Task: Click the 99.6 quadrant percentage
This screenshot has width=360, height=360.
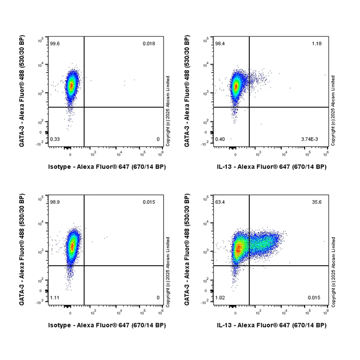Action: [x=55, y=44]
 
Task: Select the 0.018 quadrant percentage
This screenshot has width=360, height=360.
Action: [x=149, y=44]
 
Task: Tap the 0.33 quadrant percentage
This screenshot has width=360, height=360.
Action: [x=54, y=139]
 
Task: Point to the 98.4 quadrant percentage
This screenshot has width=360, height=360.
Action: [x=220, y=44]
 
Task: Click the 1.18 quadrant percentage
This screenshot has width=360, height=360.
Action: [x=316, y=44]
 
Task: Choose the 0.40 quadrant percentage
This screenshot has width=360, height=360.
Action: [x=220, y=139]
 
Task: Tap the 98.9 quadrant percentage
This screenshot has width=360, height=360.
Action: [x=55, y=202]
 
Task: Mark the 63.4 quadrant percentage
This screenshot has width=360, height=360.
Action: [x=220, y=202]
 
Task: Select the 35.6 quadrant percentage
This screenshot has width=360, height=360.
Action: [x=316, y=202]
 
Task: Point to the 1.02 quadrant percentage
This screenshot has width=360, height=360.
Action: [x=220, y=298]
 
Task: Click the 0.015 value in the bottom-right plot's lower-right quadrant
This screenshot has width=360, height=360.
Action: [x=314, y=298]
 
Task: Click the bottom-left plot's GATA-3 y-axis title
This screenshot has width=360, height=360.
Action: [x=22, y=250]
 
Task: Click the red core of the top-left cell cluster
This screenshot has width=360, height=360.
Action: [x=71, y=86]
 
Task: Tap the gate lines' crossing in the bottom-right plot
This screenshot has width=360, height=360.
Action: [x=249, y=266]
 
